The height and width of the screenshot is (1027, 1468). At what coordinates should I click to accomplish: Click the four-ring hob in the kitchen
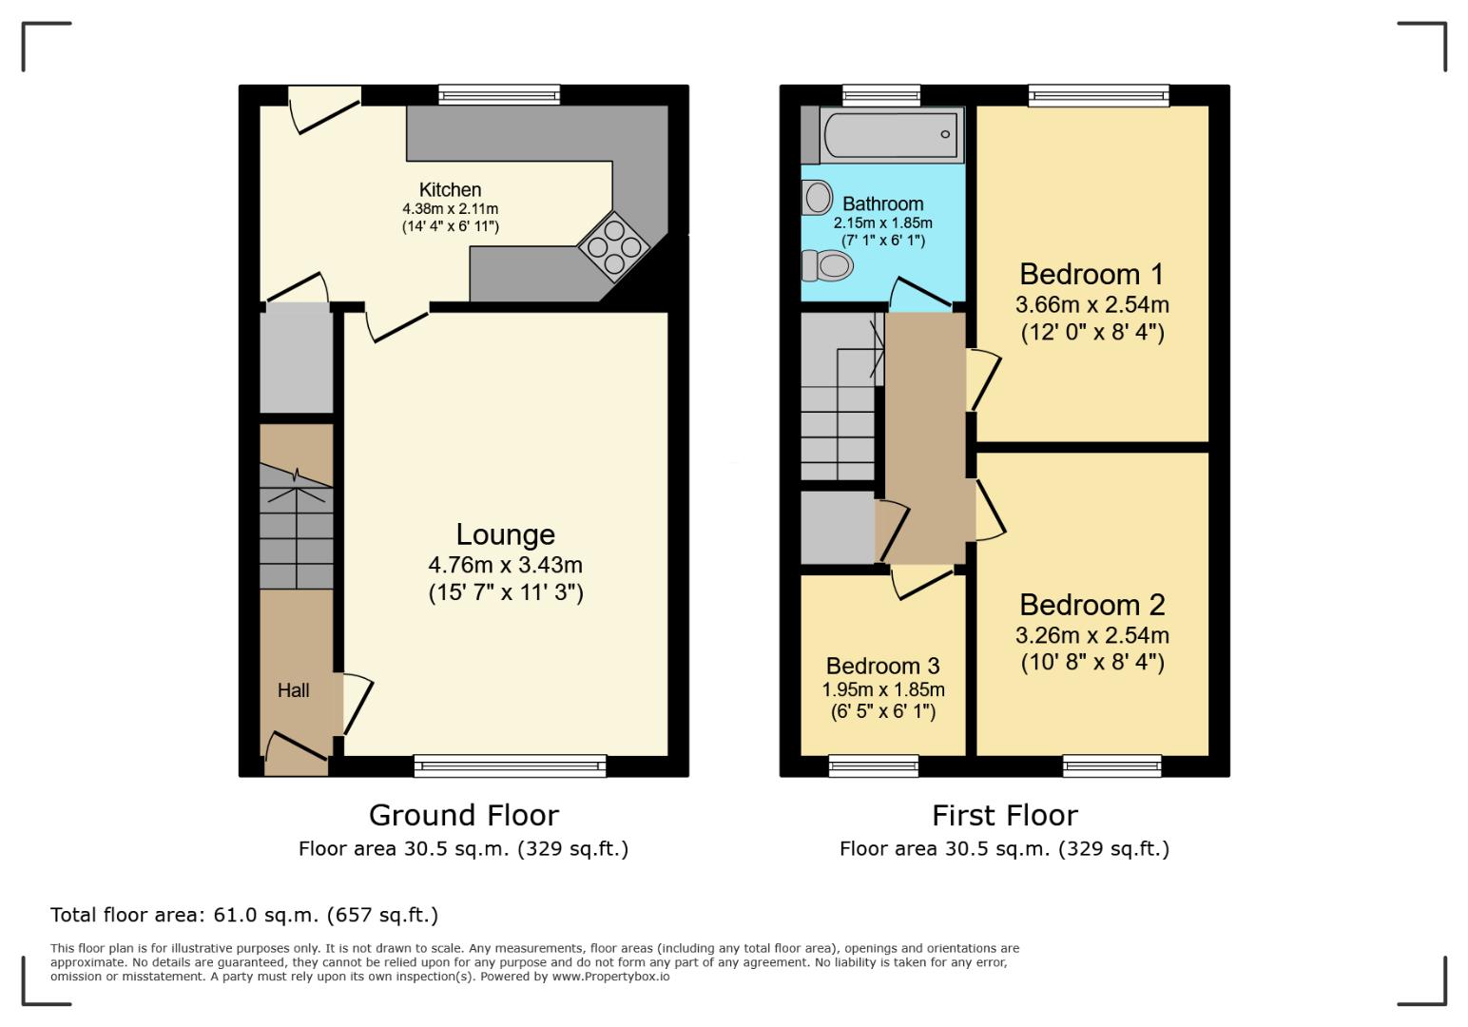click(613, 246)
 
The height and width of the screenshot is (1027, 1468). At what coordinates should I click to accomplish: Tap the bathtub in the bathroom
click(892, 135)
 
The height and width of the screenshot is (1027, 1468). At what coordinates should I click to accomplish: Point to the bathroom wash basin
click(816, 198)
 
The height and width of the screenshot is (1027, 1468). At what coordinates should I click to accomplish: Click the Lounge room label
click(505, 534)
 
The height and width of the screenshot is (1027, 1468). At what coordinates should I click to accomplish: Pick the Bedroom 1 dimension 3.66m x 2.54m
click(1091, 305)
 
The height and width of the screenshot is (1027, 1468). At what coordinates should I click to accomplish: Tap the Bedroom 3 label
click(882, 666)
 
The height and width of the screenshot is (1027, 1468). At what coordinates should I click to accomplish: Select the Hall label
click(293, 690)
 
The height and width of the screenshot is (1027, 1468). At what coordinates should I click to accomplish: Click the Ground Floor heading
click(463, 815)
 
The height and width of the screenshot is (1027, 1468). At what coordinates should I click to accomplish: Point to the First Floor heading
click(1004, 815)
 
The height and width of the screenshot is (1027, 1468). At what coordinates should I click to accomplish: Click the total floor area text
click(244, 915)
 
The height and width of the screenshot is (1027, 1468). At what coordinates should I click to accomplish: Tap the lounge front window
click(510, 765)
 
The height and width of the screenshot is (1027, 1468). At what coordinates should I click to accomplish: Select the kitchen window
click(499, 95)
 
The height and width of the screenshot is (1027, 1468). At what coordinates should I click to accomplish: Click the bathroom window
click(881, 94)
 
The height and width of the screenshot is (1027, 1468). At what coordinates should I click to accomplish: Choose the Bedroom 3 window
click(874, 765)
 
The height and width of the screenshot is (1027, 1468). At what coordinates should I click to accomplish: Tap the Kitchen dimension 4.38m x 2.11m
click(450, 209)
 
